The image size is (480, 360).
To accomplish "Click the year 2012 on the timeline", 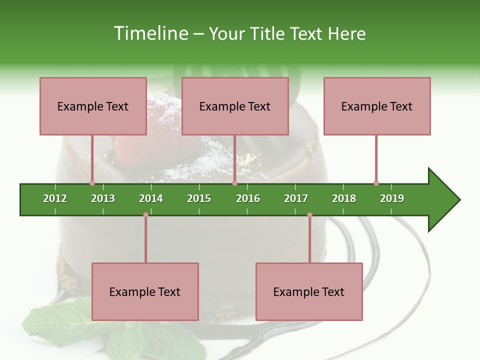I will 55,198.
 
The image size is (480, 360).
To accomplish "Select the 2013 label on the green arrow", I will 103,198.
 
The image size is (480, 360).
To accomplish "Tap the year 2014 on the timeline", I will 151,198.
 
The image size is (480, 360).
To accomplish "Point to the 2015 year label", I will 199,198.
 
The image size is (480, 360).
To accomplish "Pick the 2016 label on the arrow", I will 248,198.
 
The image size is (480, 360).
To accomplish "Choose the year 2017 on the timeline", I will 296,198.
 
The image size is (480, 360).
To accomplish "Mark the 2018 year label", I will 344,198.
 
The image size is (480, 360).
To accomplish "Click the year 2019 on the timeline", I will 392,198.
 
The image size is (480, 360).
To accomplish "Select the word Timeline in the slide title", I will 150,33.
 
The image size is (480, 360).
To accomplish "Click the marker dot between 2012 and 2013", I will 92,183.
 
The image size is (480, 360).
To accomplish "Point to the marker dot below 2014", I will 145,215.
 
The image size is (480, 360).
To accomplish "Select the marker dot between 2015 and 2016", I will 234,183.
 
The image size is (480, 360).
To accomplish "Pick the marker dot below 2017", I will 309,215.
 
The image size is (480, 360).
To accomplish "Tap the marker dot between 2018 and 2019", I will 376,183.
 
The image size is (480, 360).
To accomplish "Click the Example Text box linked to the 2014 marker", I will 145,291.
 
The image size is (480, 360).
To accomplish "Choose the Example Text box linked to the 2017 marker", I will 309,291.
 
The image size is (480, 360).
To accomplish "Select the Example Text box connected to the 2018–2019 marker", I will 377,106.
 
